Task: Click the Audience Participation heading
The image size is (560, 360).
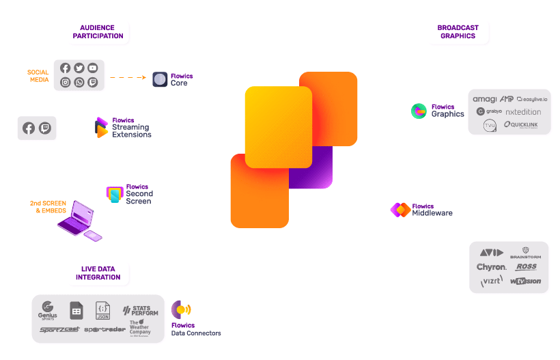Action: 98,32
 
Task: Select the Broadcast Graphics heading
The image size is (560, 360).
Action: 458,32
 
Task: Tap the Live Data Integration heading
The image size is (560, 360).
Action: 97,273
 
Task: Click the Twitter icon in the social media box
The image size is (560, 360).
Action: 79,68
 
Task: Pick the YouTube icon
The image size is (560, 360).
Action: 93,68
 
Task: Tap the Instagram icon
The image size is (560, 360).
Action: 66,82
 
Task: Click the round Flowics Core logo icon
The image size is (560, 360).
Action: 160,79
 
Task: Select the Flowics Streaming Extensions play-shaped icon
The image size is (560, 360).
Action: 102,128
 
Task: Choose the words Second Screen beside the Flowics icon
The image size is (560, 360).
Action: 139,197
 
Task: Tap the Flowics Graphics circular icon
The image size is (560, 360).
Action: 419,111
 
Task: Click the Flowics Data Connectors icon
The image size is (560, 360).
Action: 181,309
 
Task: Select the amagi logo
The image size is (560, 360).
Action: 485,100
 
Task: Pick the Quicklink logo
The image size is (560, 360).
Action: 522,124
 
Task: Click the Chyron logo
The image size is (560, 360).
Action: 492,267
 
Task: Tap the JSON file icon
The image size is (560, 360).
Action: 102,311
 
